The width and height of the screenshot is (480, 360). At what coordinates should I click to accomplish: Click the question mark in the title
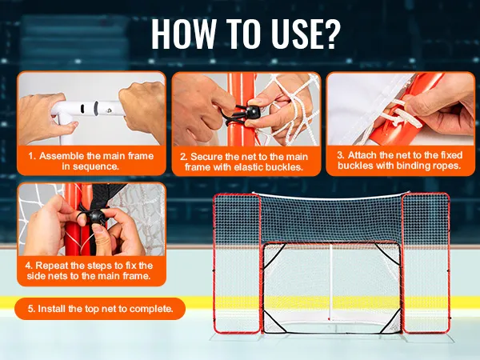tap(330, 34)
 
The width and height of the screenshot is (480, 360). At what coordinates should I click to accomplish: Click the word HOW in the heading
tap(183, 34)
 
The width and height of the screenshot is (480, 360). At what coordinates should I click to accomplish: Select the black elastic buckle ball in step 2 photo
tap(252, 112)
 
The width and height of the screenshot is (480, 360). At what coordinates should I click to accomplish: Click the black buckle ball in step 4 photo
tap(97, 217)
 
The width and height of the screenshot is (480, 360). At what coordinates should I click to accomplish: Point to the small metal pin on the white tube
tap(110, 110)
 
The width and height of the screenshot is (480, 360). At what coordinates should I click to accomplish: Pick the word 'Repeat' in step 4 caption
tap(51, 266)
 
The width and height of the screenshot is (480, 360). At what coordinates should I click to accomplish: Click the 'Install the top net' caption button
tap(100, 309)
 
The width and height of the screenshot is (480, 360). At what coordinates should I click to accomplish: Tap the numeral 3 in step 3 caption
tap(340, 155)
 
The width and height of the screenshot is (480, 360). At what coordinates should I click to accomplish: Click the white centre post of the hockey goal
tap(330, 282)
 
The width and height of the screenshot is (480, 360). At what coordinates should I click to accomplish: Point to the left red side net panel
tap(238, 263)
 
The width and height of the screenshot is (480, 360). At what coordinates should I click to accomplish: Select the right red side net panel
tap(426, 262)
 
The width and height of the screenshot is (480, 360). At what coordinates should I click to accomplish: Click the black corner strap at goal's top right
tap(387, 254)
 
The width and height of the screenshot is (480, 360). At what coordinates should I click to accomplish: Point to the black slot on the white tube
tap(82, 109)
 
